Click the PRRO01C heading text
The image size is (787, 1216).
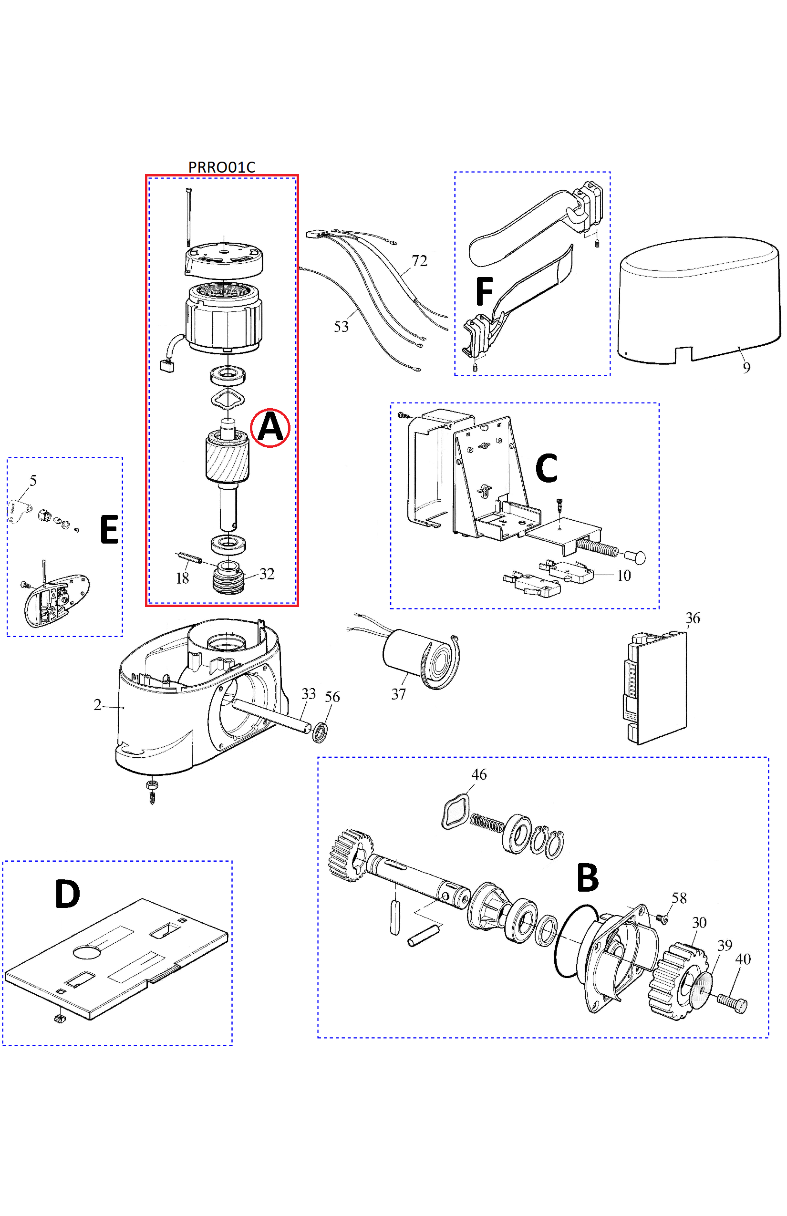coord(221,167)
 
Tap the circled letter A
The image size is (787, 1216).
coord(270,428)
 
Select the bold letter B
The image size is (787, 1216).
coord(587,877)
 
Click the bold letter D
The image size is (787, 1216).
coord(67,894)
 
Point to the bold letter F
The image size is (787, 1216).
coord(484,291)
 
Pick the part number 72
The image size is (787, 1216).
coord(419,261)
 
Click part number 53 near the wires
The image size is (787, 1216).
coord(341,327)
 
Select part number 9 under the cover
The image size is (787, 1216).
coord(746,368)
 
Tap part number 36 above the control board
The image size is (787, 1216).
coord(693,618)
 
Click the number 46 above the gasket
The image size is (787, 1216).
coord(479,774)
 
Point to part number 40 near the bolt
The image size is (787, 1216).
coord(743,959)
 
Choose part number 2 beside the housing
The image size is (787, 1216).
coord(97,705)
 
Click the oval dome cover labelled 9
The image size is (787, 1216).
coord(700,300)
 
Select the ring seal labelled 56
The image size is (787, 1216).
coord(320,732)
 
